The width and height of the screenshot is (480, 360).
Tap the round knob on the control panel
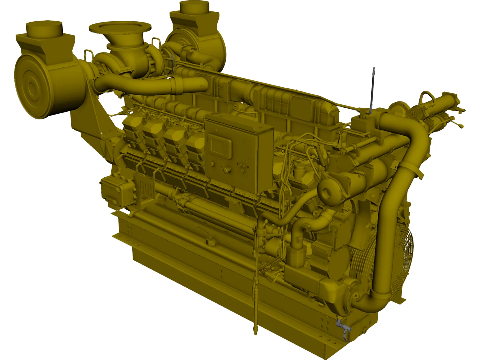[227, 170]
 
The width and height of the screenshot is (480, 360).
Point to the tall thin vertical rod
[373, 90]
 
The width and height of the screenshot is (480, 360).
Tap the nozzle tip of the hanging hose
[256, 331]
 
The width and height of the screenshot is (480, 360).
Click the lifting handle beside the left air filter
[88, 55]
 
